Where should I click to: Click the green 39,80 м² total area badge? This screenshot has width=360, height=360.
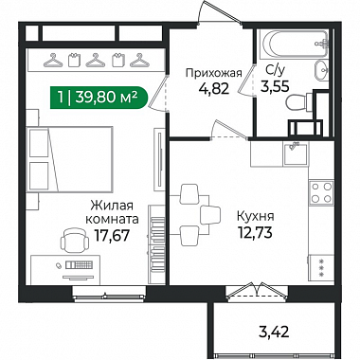(x=99, y=98)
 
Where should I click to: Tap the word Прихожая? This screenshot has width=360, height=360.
(x=214, y=73)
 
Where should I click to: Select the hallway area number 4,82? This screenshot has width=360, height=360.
(x=214, y=89)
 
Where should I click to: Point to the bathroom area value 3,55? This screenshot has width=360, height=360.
(x=275, y=86)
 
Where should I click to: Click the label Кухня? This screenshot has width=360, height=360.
(x=256, y=217)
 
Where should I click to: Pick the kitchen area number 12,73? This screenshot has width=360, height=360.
(x=255, y=233)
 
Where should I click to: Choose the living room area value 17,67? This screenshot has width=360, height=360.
(x=112, y=236)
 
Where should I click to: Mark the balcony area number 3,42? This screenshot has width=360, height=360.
(x=274, y=332)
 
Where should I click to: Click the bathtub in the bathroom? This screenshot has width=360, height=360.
(x=294, y=44)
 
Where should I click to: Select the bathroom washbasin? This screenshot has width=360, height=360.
(x=321, y=70)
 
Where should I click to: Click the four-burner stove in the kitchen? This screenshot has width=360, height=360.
(x=321, y=192)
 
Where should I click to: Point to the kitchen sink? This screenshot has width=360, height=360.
(x=296, y=154)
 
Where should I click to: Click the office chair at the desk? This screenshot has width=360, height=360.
(x=74, y=241)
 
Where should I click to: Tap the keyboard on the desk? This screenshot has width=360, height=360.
(x=79, y=264)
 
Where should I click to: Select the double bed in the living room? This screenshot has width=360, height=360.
(x=70, y=159)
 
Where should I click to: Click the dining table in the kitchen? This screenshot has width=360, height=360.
(x=189, y=215)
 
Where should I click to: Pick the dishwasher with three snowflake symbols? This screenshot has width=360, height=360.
(x=321, y=267)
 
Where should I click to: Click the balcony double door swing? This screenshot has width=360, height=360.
(x=256, y=290)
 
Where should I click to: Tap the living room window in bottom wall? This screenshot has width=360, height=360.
(x=109, y=293)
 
